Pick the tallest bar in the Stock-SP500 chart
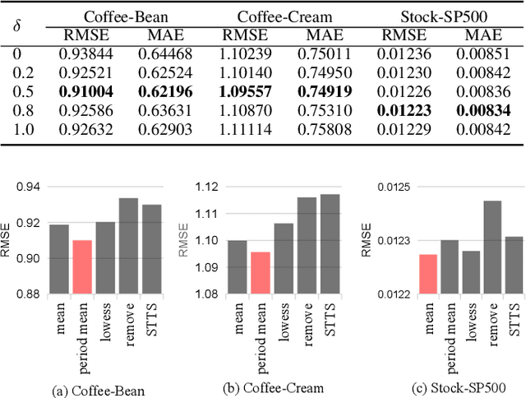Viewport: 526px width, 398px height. (491, 247)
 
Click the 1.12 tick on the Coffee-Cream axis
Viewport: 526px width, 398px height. (206, 187)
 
